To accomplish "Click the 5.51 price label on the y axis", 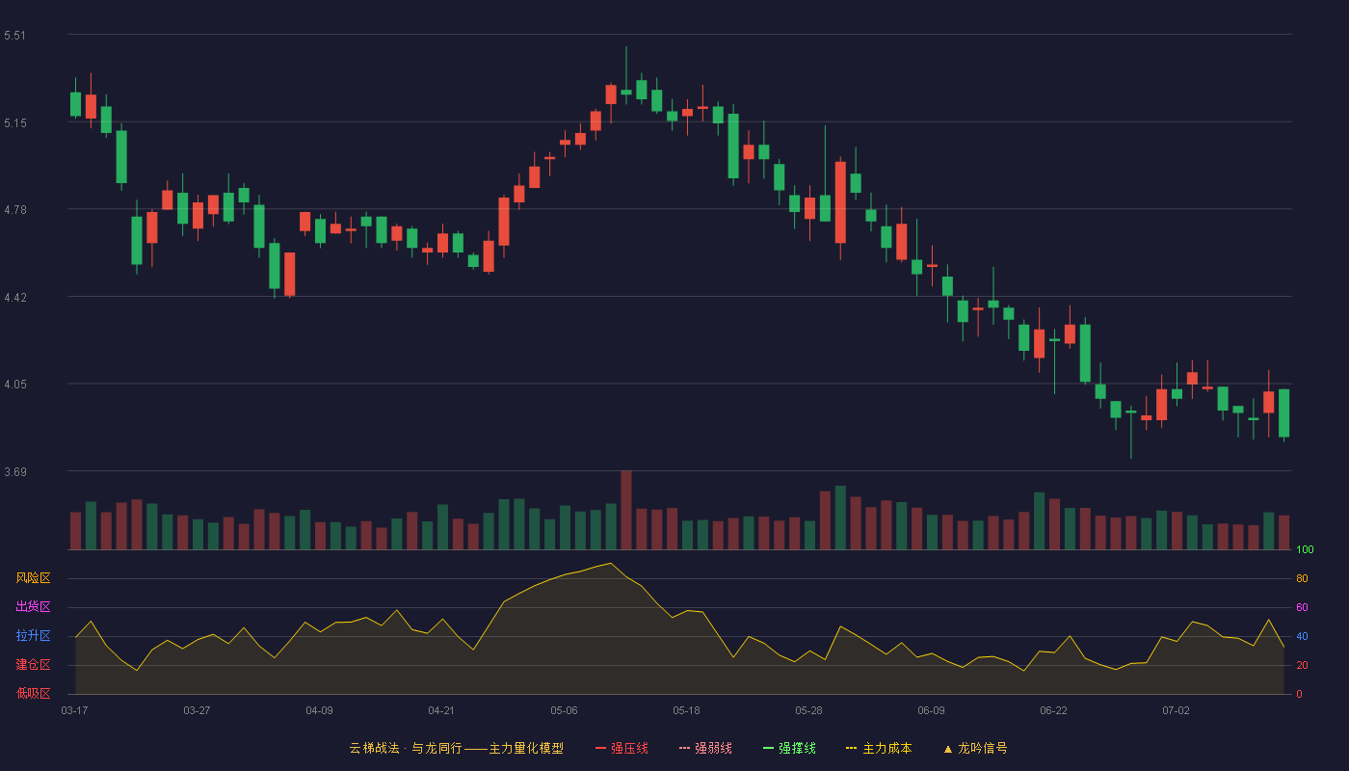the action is [15, 36].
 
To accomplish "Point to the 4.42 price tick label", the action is [15, 298].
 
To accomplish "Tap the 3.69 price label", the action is [15, 471].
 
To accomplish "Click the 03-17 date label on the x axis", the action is [75, 711].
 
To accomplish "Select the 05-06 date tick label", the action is [564, 711].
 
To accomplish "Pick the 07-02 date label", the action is [1176, 711].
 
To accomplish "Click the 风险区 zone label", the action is [33, 578].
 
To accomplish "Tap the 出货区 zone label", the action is [33, 606].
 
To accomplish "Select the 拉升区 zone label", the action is [33, 635].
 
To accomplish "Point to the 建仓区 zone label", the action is [33, 664].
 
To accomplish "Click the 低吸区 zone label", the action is [33, 693].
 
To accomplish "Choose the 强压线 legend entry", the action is [622, 748].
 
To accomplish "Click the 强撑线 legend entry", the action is [789, 748].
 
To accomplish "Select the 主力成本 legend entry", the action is [879, 748].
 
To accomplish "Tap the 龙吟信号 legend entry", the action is [975, 748].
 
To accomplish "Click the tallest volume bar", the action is [626, 510].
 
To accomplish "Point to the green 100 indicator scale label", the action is [1305, 549].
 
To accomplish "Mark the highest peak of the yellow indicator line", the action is [611, 563].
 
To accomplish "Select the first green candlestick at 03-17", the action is [75, 104].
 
